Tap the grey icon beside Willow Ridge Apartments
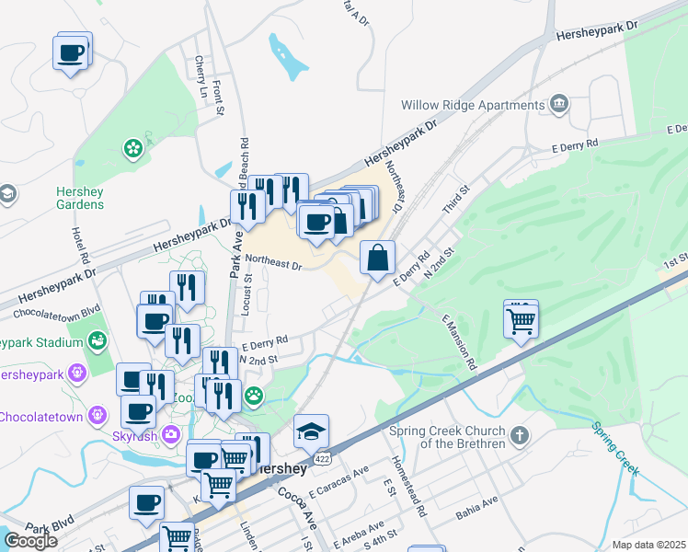point(558,103)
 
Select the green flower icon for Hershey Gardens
point(134,146)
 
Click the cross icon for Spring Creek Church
point(520,434)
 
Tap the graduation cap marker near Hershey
point(311,431)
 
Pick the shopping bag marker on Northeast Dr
point(378,259)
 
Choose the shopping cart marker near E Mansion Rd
point(521,321)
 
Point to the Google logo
point(30,541)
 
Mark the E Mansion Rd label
point(460,342)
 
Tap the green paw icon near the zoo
point(253,397)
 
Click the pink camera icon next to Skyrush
point(170,433)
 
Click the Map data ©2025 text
point(648,545)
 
